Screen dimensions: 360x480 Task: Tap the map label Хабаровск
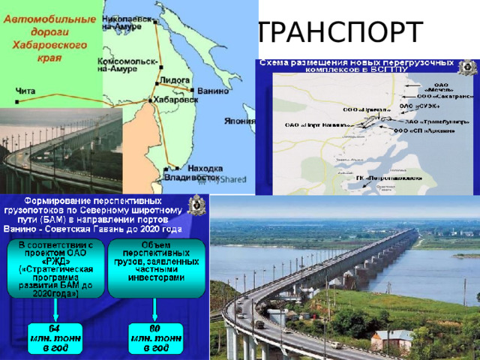(178, 98)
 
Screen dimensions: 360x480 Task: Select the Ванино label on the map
(212, 91)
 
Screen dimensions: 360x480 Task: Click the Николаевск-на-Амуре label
(125, 20)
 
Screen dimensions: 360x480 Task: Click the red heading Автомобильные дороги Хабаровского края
(49, 34)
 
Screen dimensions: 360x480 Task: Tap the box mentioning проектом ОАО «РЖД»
(55, 268)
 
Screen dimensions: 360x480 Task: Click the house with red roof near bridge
(391, 339)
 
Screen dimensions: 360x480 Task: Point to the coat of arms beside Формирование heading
(196, 205)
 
